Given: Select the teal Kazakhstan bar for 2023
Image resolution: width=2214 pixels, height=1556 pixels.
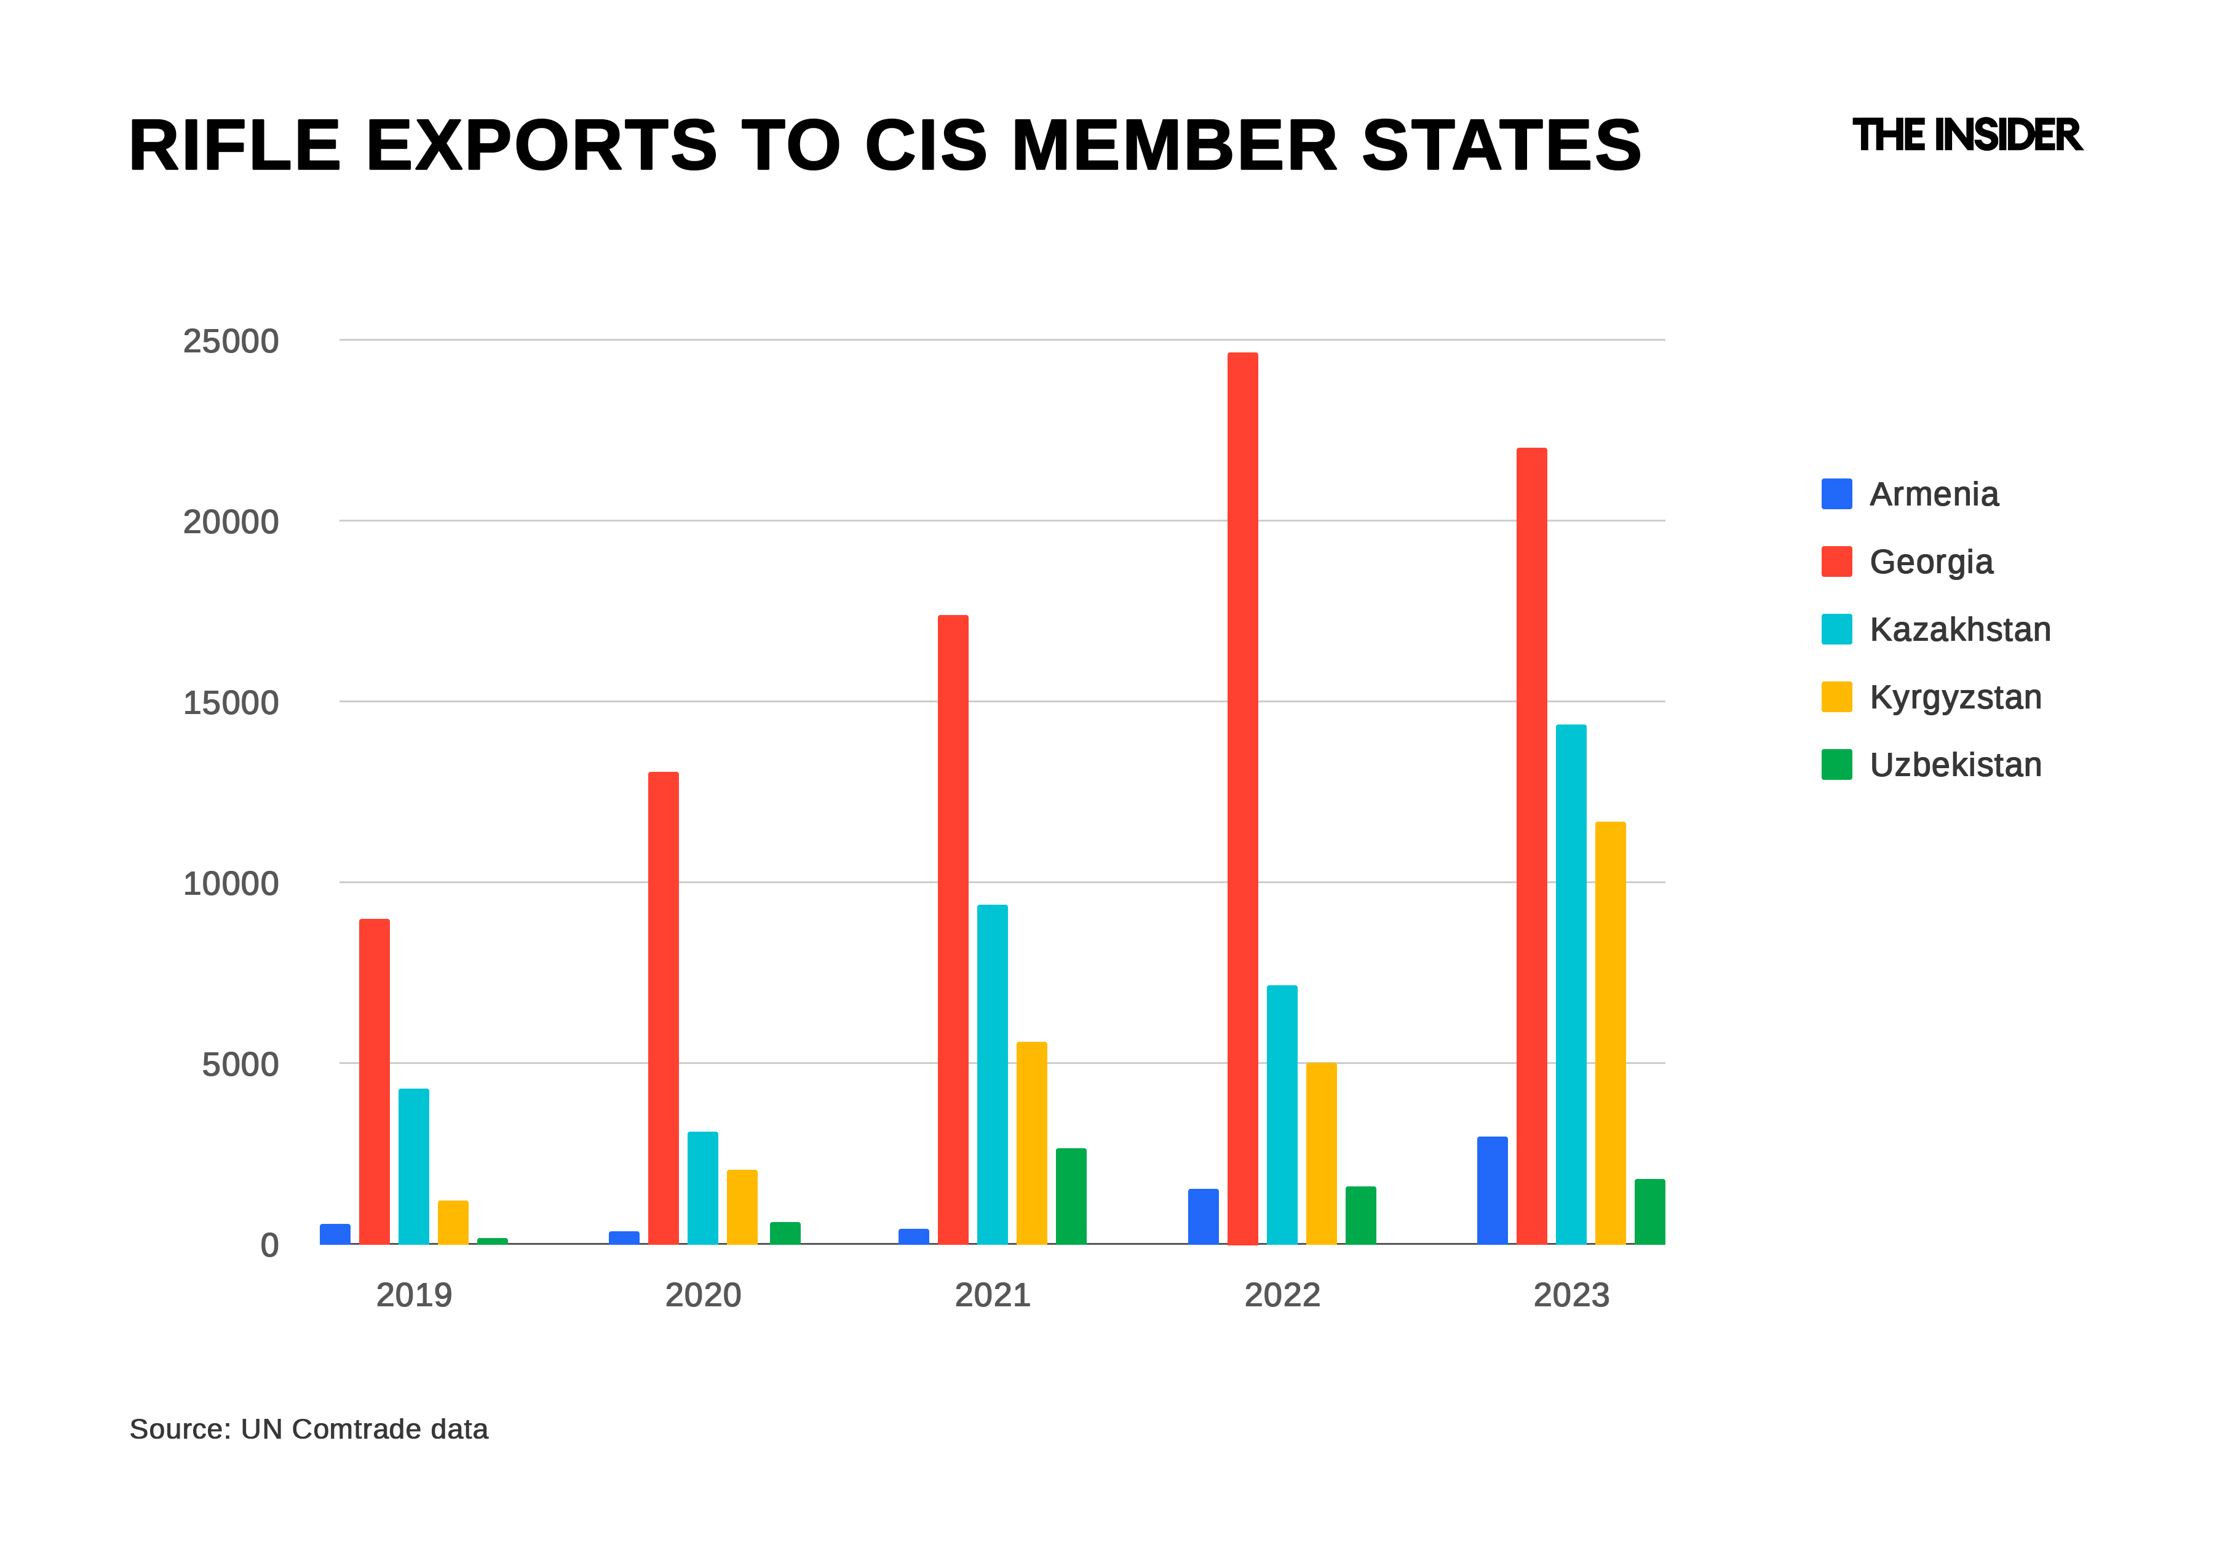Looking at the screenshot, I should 1571,984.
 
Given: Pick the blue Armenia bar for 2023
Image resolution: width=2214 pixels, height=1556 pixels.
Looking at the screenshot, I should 1492,1191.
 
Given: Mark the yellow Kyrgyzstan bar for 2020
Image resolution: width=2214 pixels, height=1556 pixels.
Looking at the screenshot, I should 742,1207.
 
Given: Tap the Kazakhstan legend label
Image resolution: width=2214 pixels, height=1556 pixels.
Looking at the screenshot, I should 1959,630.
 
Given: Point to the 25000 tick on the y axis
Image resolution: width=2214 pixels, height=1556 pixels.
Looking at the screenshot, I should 231,341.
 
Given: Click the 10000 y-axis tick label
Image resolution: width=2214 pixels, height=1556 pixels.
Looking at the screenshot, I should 231,883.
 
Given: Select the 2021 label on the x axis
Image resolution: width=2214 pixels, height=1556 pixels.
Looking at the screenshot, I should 992,1295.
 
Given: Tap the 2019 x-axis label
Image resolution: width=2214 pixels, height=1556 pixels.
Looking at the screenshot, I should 414,1295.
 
